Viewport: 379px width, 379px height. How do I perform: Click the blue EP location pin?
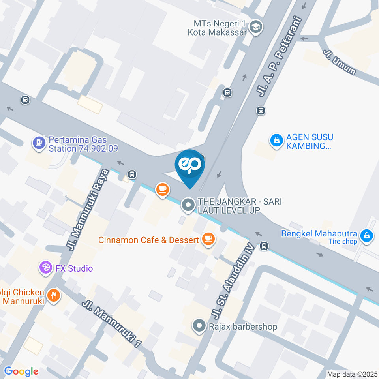coord(190,166)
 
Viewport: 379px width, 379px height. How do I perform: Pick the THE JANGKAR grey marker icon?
coord(188,205)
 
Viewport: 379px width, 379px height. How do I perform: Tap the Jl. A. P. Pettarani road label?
coord(280,57)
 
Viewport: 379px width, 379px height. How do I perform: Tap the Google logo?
coord(21,371)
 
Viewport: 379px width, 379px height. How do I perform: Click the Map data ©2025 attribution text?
coord(353,374)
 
